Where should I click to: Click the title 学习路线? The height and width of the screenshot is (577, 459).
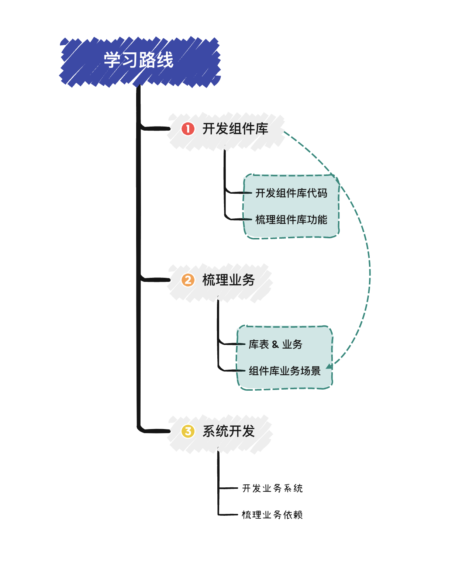click(x=138, y=60)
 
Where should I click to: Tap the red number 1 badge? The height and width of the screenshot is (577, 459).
click(x=188, y=129)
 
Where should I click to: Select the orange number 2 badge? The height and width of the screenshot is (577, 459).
click(x=188, y=280)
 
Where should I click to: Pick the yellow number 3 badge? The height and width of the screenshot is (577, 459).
click(x=188, y=431)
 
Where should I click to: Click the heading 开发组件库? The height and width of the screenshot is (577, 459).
click(x=235, y=129)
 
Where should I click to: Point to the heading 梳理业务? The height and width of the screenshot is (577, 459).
click(x=228, y=280)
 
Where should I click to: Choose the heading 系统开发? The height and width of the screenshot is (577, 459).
click(x=228, y=431)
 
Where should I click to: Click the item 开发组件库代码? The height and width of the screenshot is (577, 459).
click(x=291, y=193)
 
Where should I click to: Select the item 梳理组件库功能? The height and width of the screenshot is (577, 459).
click(x=291, y=220)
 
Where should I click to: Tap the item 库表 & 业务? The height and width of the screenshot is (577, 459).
click(x=275, y=344)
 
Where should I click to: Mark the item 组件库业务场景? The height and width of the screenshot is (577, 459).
click(x=284, y=371)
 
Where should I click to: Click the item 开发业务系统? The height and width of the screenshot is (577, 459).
click(x=272, y=488)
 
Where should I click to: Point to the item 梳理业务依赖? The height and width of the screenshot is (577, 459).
click(x=272, y=515)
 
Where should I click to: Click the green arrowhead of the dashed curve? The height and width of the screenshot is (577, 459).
click(x=329, y=366)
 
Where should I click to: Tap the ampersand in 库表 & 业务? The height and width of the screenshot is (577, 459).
click(x=275, y=345)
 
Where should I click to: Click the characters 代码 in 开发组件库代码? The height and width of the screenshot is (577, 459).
click(x=317, y=193)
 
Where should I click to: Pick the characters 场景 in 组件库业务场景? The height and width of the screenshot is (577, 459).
click(x=311, y=371)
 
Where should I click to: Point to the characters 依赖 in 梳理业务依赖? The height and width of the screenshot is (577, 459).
click(x=294, y=515)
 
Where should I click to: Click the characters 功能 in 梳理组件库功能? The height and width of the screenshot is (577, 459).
click(x=317, y=220)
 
